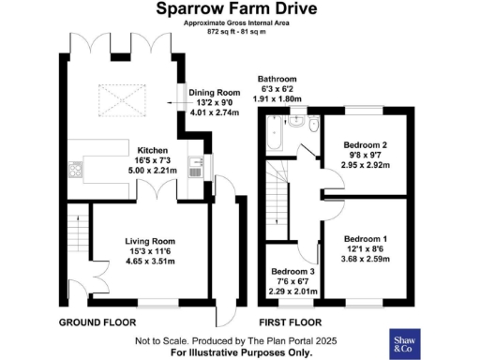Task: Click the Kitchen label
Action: (152, 150)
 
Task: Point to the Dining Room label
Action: (216, 92)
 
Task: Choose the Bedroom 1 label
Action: (366, 237)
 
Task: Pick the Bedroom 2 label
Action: (366, 145)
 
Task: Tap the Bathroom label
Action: (277, 79)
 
